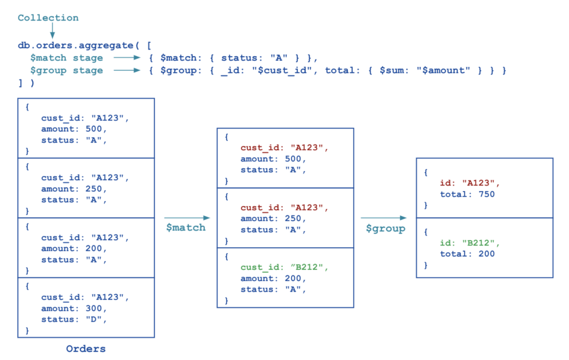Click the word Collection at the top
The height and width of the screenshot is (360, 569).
[48, 18]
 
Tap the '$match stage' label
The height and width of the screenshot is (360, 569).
[67, 58]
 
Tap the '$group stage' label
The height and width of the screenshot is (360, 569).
[67, 71]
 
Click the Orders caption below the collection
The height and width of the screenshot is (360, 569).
[86, 349]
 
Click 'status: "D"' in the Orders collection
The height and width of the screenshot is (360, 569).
[73, 319]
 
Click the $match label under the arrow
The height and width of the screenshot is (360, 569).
[186, 227]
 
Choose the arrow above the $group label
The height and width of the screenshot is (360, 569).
[385, 218]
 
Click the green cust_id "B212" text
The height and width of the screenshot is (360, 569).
[284, 267]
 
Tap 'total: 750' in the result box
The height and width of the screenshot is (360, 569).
[467, 194]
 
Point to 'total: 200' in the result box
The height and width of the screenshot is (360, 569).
[467, 254]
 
